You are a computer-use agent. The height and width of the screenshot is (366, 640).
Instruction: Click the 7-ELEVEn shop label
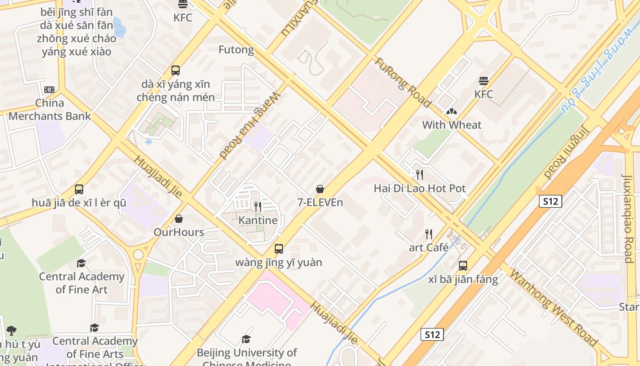[x=320, y=202]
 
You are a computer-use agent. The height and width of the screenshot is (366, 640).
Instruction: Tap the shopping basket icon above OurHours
[x=179, y=219]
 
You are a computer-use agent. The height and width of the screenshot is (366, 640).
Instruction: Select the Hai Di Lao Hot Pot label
[x=420, y=188]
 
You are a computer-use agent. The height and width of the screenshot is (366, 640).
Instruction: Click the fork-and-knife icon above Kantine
[x=258, y=207]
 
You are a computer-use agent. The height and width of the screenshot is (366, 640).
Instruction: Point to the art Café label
[x=428, y=248]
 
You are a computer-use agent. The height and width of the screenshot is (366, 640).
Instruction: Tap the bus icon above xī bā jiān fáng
[x=463, y=266]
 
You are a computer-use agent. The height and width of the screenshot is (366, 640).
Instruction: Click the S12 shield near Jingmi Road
[x=550, y=201]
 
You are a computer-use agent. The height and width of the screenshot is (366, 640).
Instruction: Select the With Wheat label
[x=452, y=125]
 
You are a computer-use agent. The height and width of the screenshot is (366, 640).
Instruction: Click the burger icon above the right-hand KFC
[x=484, y=81]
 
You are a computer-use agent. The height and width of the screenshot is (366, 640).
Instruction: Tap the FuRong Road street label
[x=403, y=82]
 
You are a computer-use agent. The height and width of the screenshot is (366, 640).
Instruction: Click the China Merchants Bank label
[x=49, y=109]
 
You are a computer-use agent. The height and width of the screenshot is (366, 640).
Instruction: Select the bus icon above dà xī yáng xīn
[x=176, y=70]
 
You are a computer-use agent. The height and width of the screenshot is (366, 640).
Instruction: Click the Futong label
[x=236, y=49]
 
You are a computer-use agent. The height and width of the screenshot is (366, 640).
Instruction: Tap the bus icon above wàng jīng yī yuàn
[x=278, y=249]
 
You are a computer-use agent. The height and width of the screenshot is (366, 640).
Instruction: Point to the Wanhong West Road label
[x=553, y=308]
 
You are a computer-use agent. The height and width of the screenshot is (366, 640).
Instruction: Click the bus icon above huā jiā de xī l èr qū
[x=79, y=189]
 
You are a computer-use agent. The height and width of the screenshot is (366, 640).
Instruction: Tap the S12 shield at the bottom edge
[x=432, y=334]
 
